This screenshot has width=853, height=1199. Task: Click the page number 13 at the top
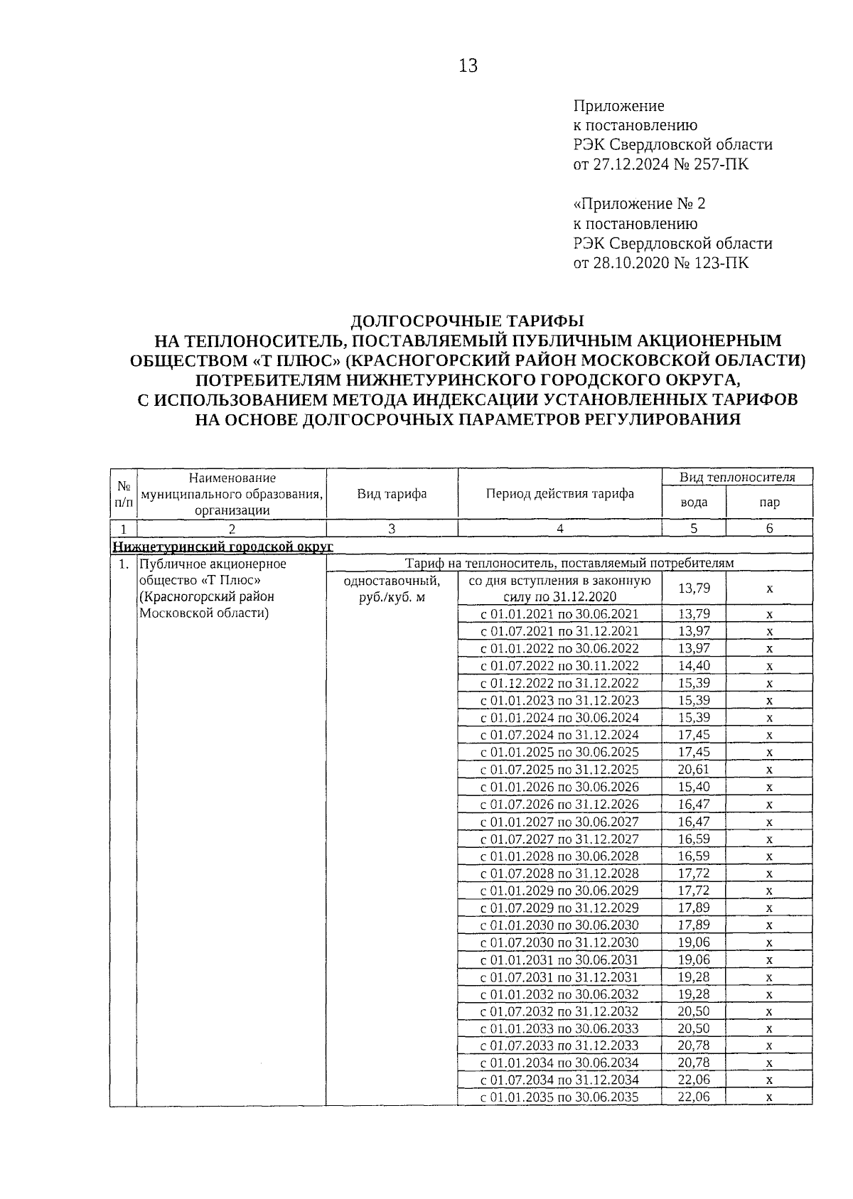click(468, 66)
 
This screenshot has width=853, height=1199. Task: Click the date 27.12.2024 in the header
click(629, 164)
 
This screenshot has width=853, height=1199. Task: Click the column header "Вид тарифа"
click(392, 493)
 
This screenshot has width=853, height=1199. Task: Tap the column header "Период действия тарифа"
click(559, 493)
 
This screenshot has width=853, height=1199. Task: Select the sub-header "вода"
click(694, 502)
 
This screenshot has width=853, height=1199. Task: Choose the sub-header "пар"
click(769, 502)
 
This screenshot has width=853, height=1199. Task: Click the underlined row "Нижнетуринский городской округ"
click(222, 546)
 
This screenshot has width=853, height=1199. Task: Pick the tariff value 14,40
click(694, 666)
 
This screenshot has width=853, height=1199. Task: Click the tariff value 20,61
click(694, 770)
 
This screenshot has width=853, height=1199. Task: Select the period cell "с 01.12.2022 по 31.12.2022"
click(559, 683)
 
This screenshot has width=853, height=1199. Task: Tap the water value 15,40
click(694, 787)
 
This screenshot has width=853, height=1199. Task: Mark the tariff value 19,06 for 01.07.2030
click(694, 942)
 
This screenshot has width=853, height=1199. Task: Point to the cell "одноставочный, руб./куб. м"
click(392, 588)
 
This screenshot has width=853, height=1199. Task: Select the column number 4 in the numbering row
click(559, 528)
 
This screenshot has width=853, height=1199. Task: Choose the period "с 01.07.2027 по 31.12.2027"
click(559, 839)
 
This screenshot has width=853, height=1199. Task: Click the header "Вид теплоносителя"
click(736, 477)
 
